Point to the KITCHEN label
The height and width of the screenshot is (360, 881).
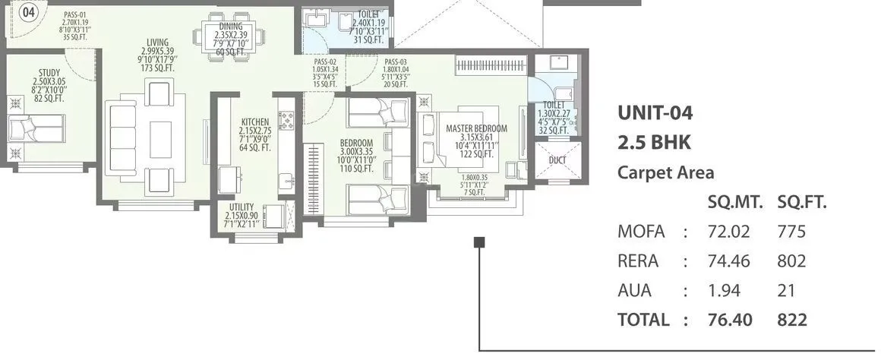pos(254,122)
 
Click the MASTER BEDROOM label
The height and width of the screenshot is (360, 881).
pos(476,128)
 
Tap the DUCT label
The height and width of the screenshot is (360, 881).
pos(557,160)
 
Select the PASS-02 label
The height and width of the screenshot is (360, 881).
pos(325,62)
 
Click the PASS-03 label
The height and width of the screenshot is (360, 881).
pos(396,62)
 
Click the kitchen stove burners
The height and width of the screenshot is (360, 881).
pos(286,118)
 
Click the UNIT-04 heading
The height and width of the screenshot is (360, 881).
pos(655,114)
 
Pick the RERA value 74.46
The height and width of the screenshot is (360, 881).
pos(724,261)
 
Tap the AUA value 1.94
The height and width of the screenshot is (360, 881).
pos(724,290)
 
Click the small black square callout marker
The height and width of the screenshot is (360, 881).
pos(478,242)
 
